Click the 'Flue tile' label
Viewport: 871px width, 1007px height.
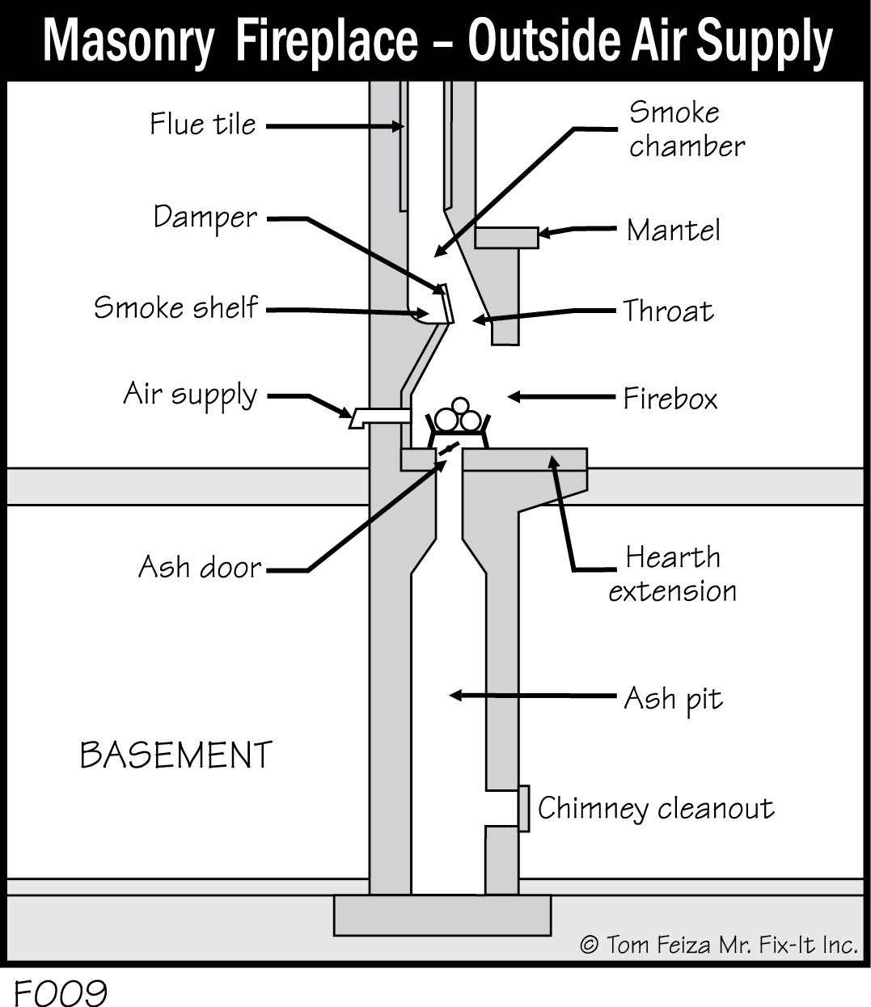tap(202, 125)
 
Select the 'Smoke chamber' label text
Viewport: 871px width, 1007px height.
tap(686, 129)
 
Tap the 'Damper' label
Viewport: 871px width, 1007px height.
tap(205, 218)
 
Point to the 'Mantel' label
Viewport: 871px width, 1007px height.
tap(673, 231)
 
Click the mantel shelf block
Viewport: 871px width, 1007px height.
tap(506, 238)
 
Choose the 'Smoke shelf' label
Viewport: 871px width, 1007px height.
tap(175, 307)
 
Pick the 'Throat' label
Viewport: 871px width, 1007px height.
tap(668, 311)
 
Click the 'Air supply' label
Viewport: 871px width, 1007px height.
tap(190, 395)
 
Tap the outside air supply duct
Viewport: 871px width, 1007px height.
tap(378, 417)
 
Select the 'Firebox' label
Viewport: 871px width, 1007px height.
tap(670, 398)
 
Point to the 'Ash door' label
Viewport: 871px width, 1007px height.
tap(200, 567)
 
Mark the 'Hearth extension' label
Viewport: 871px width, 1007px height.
tap(672, 574)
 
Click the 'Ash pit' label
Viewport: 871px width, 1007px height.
tap(673, 698)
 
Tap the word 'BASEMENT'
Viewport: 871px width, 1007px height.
tap(175, 755)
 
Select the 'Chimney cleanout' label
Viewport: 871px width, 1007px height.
tap(655, 808)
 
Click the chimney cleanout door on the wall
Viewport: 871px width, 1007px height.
tap(524, 807)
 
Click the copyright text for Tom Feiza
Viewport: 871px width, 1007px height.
tap(718, 944)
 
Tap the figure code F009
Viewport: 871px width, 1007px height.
tap(60, 992)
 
